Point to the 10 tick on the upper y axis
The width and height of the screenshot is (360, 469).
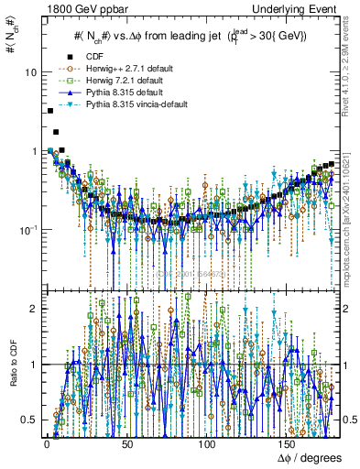coord(31,72)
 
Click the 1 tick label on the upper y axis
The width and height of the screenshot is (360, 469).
coord(35,151)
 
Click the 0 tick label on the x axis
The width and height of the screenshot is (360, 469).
coord(46,444)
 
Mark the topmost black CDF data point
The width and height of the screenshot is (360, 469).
coord(50,111)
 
